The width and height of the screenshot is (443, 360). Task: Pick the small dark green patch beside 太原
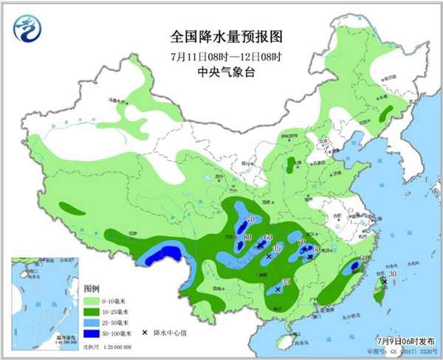click(x=290, y=163)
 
